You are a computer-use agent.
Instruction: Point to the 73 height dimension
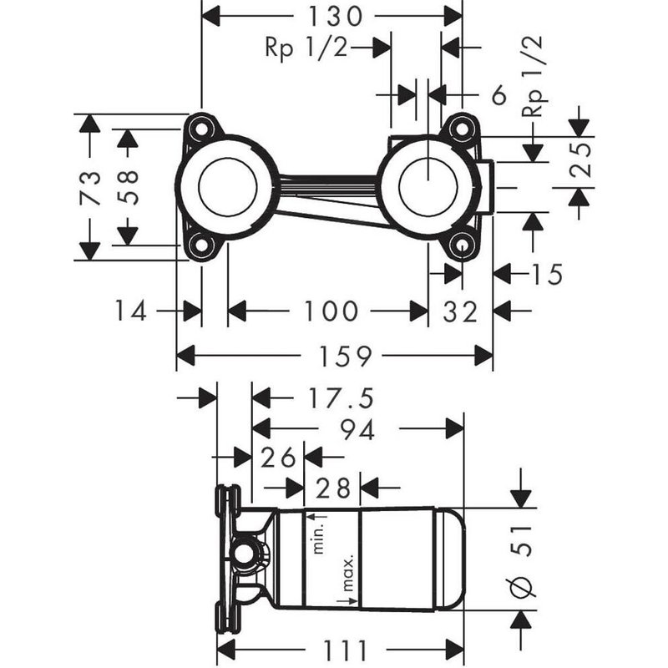[x=90, y=187]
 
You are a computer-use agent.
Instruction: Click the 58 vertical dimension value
[x=127, y=187]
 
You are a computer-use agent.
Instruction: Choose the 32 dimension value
[x=461, y=311]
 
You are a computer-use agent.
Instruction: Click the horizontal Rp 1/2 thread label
[x=306, y=48]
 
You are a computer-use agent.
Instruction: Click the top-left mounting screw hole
[x=200, y=129]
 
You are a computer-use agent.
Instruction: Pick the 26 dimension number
[x=278, y=457]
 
